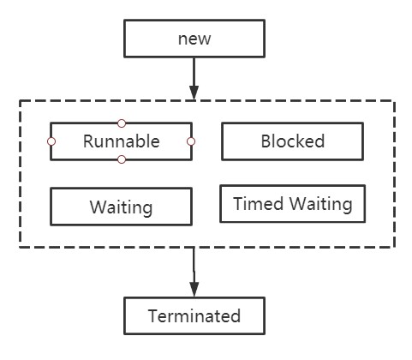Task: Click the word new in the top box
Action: (194, 39)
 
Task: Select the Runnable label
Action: (122, 141)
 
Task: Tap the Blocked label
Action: (293, 141)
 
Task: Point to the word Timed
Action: (259, 204)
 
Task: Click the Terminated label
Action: (194, 316)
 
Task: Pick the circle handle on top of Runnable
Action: (122, 123)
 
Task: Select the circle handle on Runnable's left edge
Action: (51, 141)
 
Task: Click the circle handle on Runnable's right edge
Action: (191, 141)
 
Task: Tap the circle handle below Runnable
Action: (122, 159)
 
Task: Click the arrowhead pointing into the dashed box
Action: (194, 93)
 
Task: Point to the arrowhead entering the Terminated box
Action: (194, 290)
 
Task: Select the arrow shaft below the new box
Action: (194, 72)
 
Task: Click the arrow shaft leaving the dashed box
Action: (194, 265)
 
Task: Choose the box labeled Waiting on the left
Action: (121, 207)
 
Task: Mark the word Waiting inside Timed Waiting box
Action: (321, 205)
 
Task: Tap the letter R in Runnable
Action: (88, 141)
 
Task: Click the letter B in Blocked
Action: (266, 141)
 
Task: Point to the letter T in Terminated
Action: (153, 316)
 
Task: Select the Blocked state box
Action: (293, 141)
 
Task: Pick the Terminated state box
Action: (194, 315)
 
